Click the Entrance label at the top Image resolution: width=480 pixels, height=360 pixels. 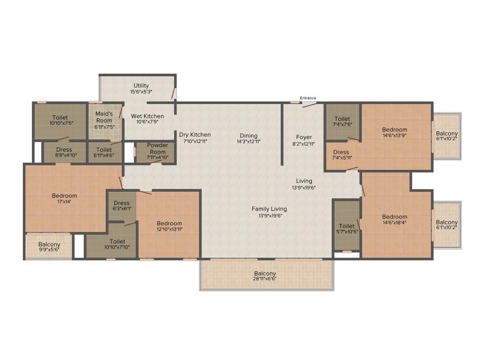coord(308,98)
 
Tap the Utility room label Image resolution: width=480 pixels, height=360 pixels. coord(141,86)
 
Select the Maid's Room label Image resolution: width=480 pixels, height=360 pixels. coord(104,117)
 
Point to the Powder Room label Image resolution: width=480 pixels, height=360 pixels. coord(157,148)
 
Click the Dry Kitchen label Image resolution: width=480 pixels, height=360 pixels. coord(195,135)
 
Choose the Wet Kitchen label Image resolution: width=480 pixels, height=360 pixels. coord(147,116)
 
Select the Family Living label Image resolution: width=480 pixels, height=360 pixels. coord(269,209)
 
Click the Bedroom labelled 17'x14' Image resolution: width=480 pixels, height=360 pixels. coord(64,196)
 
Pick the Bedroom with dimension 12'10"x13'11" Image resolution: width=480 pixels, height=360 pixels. coord(169,224)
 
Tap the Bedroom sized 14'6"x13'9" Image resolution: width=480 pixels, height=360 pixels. coord(394,130)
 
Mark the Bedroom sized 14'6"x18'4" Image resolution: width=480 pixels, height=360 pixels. coord(394,217)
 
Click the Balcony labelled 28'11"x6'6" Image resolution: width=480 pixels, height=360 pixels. coord(265,274)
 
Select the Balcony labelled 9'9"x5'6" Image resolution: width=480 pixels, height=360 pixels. coord(49,245)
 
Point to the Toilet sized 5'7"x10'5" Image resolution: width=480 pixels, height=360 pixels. coord(347,226)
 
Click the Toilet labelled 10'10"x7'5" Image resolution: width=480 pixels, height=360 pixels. coord(60,118)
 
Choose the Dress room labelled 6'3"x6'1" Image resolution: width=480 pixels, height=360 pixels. coord(122,203)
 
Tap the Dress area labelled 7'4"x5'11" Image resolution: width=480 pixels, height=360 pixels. coord(341,152)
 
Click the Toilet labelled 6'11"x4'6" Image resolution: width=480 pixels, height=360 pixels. coord(104,150)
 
